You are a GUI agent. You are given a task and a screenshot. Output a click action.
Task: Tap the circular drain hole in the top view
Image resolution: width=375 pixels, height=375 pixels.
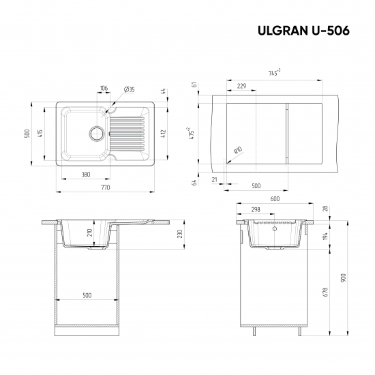tap(96, 132)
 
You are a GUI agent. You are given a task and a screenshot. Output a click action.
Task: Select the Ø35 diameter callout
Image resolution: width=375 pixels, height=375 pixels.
tap(129, 89)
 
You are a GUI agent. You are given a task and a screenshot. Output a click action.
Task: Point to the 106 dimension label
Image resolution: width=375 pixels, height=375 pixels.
tap(104, 89)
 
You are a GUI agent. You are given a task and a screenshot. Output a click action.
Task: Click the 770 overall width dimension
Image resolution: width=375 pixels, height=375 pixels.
tap(106, 186)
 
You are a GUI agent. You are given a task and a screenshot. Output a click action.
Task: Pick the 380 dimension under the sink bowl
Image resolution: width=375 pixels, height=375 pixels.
tap(86, 175)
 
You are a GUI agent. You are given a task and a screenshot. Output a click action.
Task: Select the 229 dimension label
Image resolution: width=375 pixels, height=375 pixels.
tap(241, 86)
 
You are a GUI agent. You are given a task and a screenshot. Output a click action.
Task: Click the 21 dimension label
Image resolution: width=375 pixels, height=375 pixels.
tap(214, 179)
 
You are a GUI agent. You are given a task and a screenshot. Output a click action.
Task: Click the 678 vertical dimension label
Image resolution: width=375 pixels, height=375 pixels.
tap(326, 292)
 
